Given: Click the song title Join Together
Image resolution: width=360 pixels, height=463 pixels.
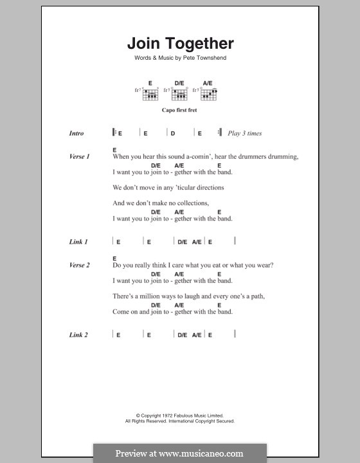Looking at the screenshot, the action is (180, 44).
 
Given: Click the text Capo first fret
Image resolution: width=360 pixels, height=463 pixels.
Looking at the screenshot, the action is (179, 110).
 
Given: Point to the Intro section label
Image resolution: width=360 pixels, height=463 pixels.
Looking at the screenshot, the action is (76, 134).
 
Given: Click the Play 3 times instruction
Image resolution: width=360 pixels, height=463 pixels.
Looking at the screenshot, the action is (244, 134).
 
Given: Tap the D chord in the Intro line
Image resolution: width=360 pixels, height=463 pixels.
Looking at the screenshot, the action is (173, 134).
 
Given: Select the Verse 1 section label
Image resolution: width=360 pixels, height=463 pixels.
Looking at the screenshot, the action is (79, 156).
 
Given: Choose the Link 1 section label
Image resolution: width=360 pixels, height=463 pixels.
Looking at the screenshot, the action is (78, 242).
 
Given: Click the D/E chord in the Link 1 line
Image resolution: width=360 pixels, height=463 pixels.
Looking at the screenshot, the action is (182, 242).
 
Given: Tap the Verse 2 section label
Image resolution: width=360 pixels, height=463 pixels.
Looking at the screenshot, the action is (79, 265).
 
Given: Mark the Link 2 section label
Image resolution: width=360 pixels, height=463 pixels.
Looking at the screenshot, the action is (78, 335).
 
